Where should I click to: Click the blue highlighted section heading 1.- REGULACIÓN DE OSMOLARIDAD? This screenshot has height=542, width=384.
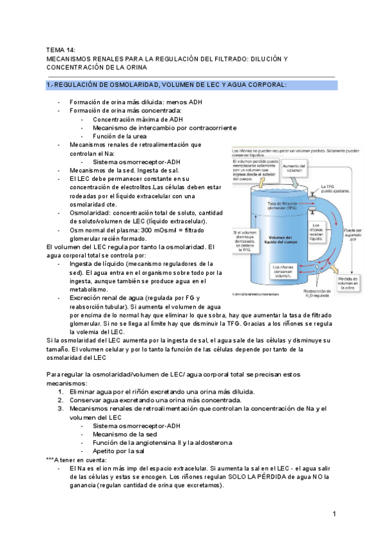coord(166,84)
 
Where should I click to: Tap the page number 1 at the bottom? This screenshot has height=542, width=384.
coord(334,514)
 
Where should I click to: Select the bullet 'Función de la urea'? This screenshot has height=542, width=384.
coord(120,136)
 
